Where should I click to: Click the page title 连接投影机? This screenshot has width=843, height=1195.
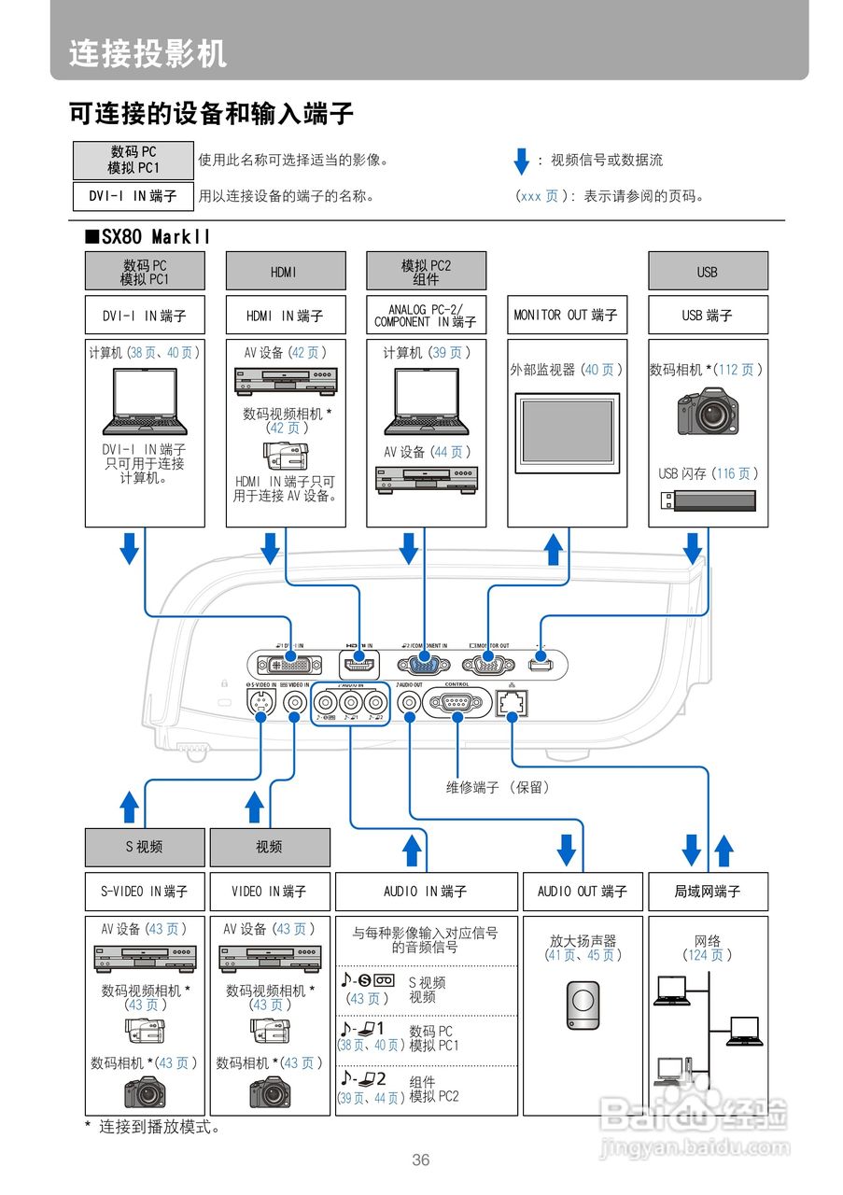(148, 53)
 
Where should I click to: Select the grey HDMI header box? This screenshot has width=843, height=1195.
(285, 272)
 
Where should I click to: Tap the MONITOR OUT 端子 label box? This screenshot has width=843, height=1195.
(566, 315)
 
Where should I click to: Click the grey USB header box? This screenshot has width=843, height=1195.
(708, 272)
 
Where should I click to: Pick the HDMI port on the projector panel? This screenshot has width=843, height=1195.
(358, 665)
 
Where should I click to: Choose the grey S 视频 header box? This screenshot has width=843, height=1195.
(145, 847)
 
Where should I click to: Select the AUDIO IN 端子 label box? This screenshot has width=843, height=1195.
(426, 892)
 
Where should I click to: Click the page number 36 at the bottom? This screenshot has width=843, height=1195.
(421, 1160)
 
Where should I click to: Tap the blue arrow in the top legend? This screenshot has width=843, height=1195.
(522, 162)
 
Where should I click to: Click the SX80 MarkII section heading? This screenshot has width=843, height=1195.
(148, 236)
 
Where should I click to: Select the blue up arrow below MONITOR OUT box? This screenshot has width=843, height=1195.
(555, 548)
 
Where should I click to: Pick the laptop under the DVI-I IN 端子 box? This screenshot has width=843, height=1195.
(144, 401)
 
